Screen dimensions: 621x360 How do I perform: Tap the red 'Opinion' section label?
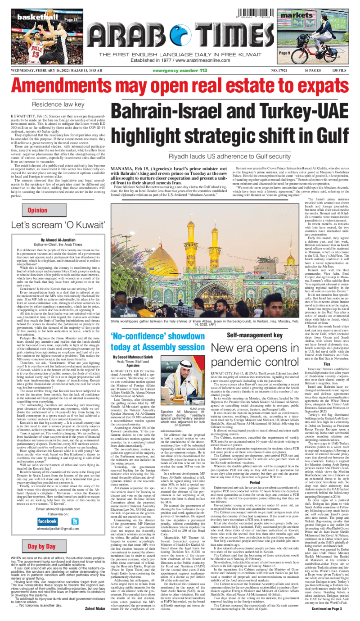tap(37, 210)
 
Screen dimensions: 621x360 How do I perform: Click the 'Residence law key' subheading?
tap(58, 104)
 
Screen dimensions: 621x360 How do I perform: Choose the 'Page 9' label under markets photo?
tap(284, 53)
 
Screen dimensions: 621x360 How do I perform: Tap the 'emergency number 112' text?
tap(180, 71)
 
